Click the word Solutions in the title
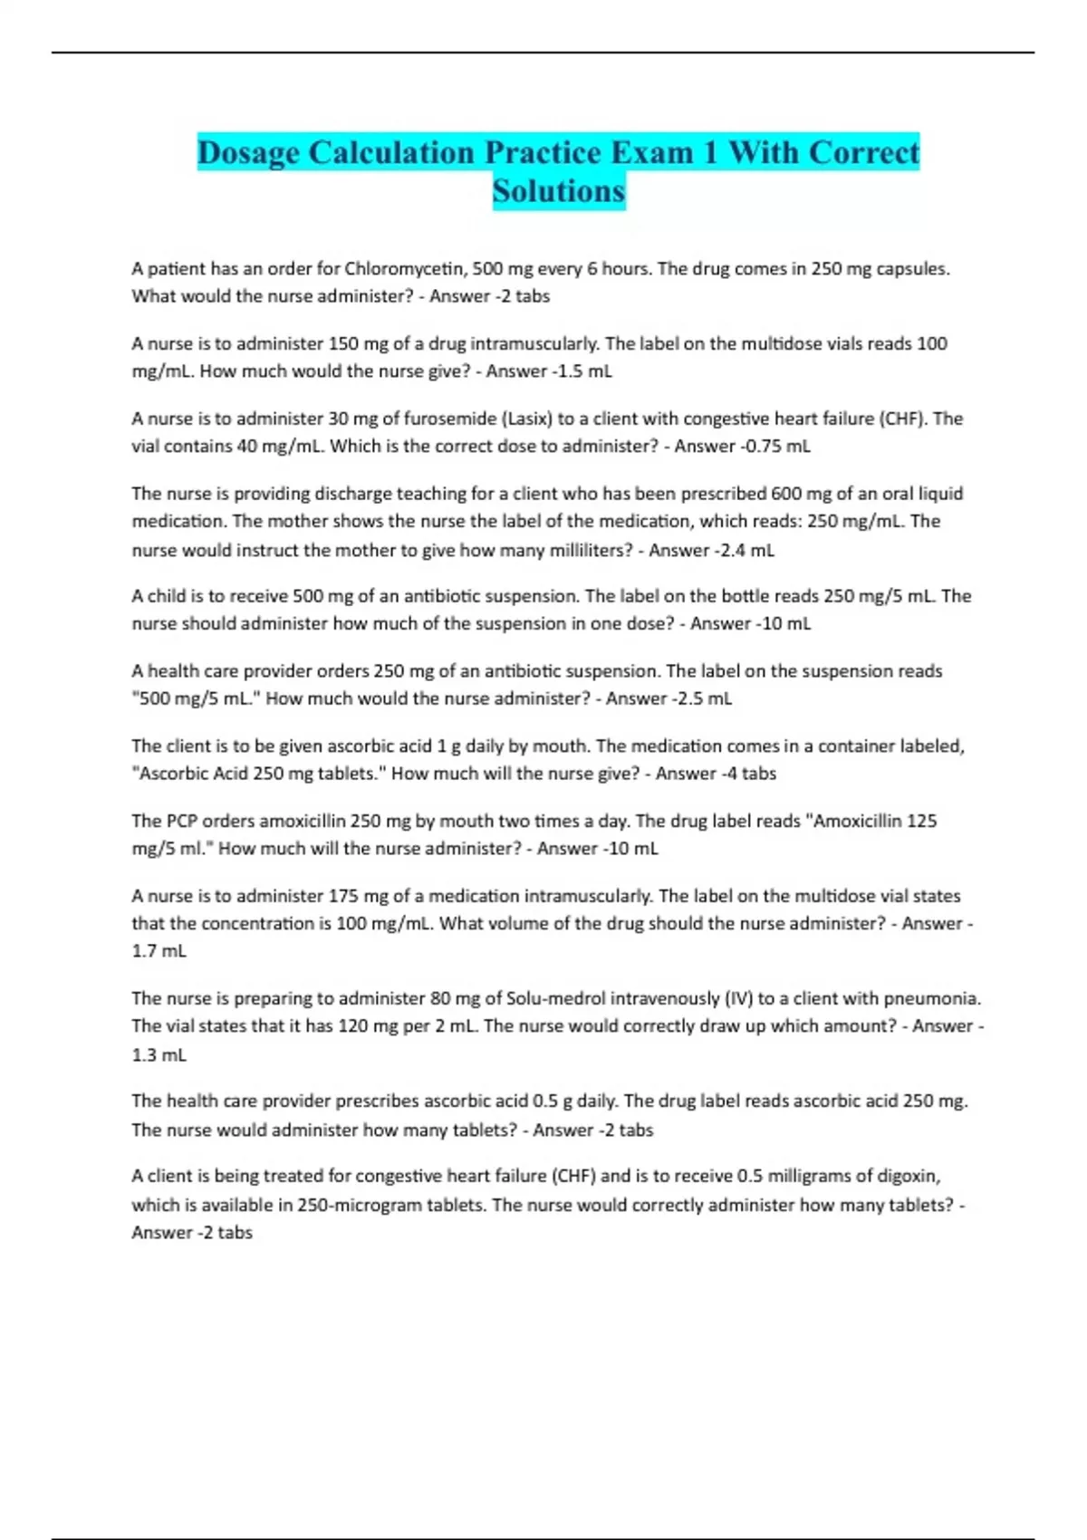coord(559,191)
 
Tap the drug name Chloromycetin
coord(405,269)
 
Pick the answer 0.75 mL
coord(774,446)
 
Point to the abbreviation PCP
coord(181,822)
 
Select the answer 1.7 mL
coord(159,951)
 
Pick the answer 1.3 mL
coord(159,1055)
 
